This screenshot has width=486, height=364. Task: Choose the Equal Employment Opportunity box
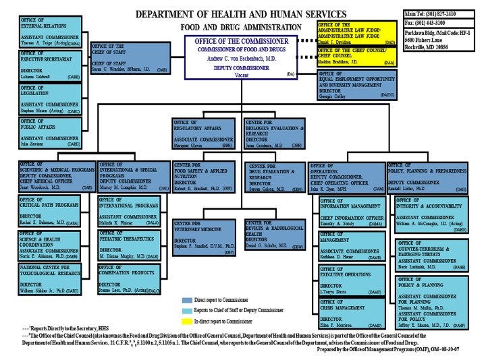(x=356, y=86)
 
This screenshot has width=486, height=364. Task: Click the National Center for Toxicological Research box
(x=51, y=279)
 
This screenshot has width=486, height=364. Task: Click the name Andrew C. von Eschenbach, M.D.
(x=243, y=59)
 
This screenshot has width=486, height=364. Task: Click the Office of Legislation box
(x=51, y=98)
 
